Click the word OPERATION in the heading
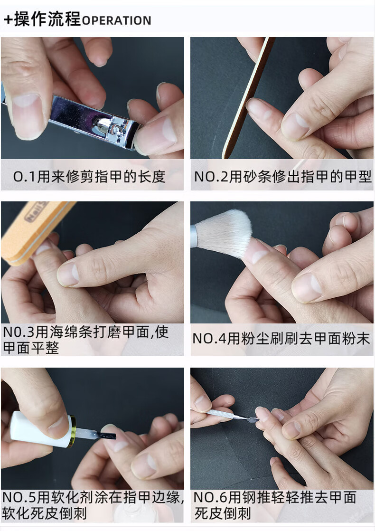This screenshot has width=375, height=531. coord(116,20)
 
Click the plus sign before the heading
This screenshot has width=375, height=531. coord(8,19)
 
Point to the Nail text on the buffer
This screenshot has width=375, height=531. coord(34,212)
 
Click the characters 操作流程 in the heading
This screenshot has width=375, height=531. coord(47,19)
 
